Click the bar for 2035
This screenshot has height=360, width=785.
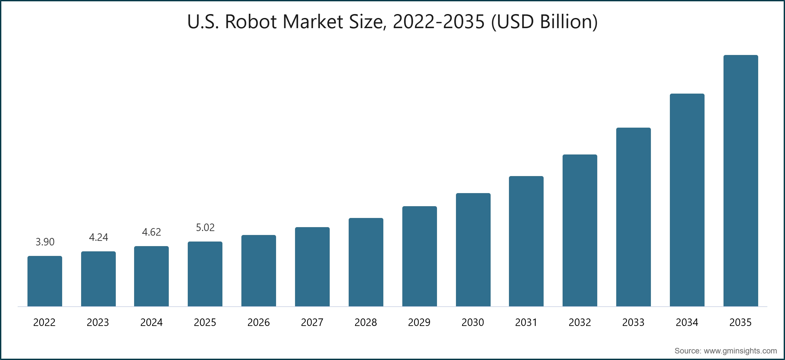click(741, 181)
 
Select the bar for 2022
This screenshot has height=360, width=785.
click(45, 281)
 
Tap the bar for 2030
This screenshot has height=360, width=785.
click(473, 250)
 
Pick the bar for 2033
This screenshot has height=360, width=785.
click(633, 217)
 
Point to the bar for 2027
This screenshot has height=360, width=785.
click(312, 267)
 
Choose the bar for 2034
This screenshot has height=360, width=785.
click(687, 200)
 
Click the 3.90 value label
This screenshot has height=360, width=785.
click(45, 242)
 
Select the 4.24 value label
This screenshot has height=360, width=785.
click(98, 237)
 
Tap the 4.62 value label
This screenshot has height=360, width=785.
click(151, 232)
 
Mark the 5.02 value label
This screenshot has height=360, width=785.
click(205, 227)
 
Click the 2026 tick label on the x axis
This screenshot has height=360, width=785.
click(258, 322)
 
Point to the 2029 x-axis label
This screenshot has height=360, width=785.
click(419, 322)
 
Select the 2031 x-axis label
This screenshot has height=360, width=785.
click(526, 322)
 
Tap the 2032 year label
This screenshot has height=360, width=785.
click(580, 322)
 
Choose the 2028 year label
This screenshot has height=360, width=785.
click(366, 322)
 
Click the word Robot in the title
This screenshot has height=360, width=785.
click(251, 22)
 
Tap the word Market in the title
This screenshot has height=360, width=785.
click(313, 22)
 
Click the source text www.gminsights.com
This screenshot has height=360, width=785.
click(740, 351)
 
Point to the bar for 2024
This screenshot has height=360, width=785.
click(151, 276)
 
